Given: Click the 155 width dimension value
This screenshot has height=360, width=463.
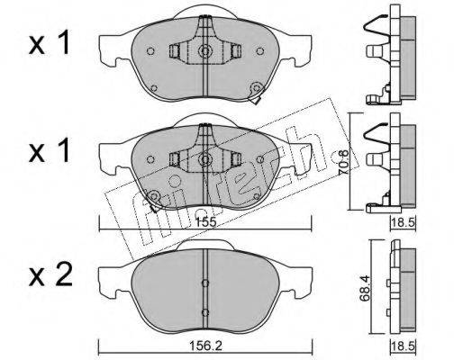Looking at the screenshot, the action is pos(205,222).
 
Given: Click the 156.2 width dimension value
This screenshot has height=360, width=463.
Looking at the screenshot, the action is pos(205,346).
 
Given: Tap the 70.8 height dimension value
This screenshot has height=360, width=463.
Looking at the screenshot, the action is pos(344,162).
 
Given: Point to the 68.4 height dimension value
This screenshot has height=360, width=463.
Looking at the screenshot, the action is pos(366,287).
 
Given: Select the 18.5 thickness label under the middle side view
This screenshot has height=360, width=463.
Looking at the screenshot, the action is pos(403,223).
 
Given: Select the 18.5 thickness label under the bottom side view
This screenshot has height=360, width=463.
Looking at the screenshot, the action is pos(403,346).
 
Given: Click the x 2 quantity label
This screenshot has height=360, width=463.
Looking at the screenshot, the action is pos(50,274).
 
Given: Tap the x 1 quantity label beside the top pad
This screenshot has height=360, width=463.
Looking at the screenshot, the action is pos(50,44).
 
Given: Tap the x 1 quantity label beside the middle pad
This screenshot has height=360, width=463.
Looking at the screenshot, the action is pos(50,151).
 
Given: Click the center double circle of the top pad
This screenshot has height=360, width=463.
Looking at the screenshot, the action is pos(205,51).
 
